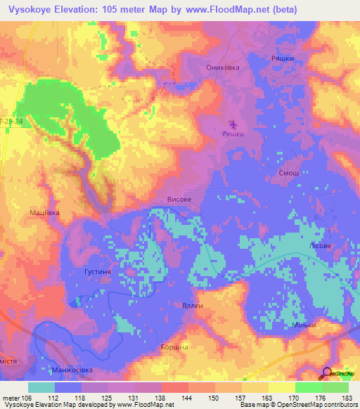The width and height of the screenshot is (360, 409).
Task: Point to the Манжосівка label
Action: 72,370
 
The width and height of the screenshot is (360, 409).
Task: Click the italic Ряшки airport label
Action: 233,134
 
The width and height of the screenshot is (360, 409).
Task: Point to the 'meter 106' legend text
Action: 16,398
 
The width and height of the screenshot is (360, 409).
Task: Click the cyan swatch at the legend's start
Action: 41,387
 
